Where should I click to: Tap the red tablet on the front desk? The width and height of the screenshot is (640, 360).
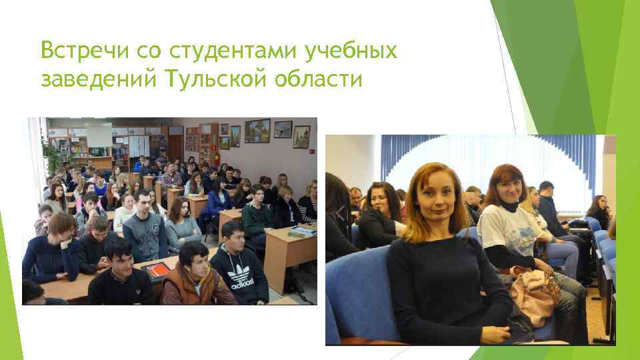(157, 269)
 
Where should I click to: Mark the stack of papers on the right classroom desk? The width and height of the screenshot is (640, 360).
(303, 231)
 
